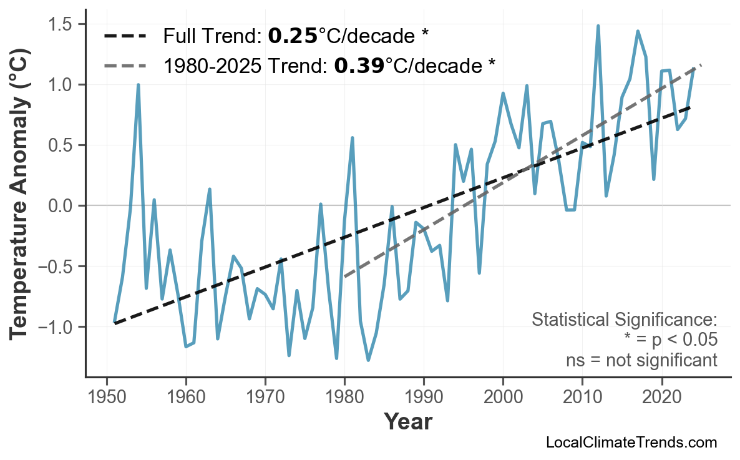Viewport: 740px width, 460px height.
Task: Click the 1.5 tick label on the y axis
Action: [x=62, y=24]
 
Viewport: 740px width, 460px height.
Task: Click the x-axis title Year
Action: [x=407, y=423]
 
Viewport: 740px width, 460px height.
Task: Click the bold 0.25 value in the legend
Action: [x=293, y=36]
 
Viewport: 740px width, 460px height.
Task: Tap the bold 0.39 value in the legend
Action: [x=359, y=65]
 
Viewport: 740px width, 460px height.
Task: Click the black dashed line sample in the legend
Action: [x=125, y=36]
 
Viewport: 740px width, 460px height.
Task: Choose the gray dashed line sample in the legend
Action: [x=125, y=65]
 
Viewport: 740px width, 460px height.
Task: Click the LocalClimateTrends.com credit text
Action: [x=631, y=443]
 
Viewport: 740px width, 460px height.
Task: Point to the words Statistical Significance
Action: [x=624, y=320]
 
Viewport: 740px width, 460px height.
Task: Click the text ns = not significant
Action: [x=641, y=360]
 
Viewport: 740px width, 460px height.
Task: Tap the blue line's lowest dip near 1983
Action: [x=368, y=360]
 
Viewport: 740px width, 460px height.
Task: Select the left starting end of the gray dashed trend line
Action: [x=344, y=276]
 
